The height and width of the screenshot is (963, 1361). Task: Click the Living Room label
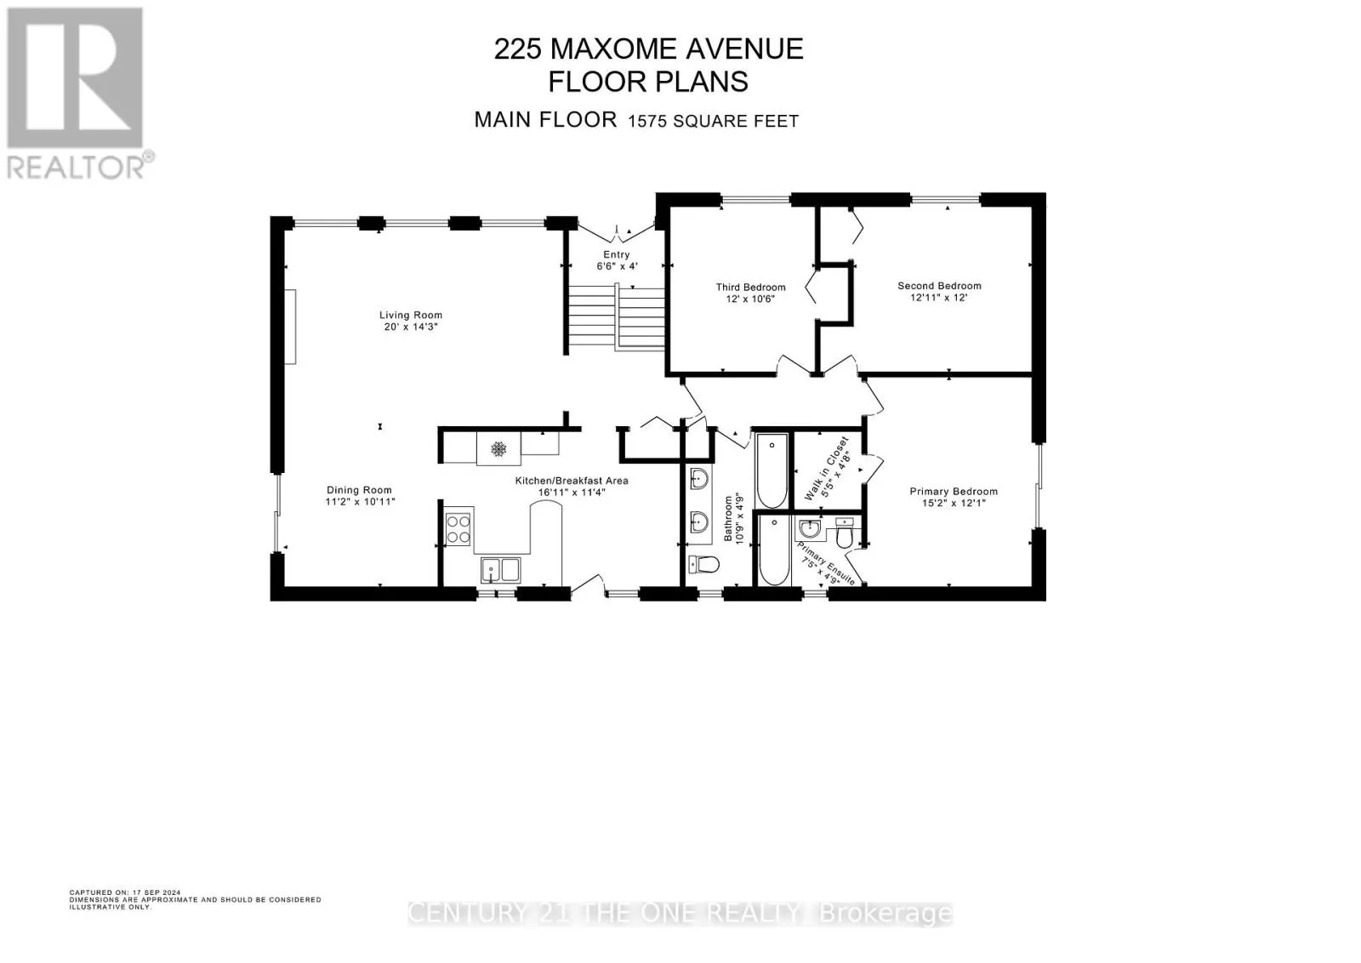(x=411, y=315)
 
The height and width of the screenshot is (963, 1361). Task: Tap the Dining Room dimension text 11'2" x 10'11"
(x=361, y=502)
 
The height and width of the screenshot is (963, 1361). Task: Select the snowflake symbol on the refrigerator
(x=498, y=449)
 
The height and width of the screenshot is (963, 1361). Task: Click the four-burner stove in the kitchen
(x=458, y=529)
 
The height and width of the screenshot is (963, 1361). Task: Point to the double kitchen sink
(x=501, y=570)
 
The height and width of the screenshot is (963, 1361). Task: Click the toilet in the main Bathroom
(x=704, y=565)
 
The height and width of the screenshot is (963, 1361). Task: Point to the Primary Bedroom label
(x=954, y=492)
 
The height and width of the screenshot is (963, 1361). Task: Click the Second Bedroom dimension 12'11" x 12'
(x=939, y=298)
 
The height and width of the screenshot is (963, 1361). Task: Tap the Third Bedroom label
(x=750, y=288)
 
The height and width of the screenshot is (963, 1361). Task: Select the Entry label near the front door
(x=617, y=254)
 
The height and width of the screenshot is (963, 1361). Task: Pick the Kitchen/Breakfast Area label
(x=572, y=481)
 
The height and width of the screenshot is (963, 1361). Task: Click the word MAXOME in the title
(x=613, y=49)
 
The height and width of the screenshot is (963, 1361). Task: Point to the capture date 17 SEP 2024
(x=157, y=892)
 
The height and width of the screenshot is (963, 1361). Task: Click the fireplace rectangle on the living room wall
(x=291, y=327)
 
